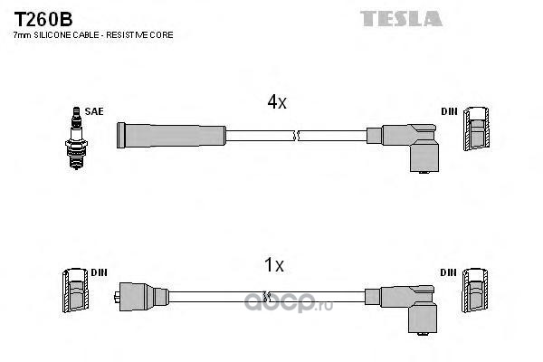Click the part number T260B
pos(43,19)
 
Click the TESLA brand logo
pos(401,19)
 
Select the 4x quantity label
pos(277,101)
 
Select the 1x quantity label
pos(274,264)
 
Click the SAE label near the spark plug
pos(94,111)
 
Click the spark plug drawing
pos(77,138)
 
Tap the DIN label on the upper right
pos(449,111)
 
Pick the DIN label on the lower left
pos(99,272)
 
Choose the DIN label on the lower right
pos(449,272)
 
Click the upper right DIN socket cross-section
pos(477,129)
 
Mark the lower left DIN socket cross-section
pos(75,291)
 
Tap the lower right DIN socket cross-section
pos(475,291)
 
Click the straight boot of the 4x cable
pos(171,136)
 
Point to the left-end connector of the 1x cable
pos(141,297)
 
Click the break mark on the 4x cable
pos(295,136)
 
